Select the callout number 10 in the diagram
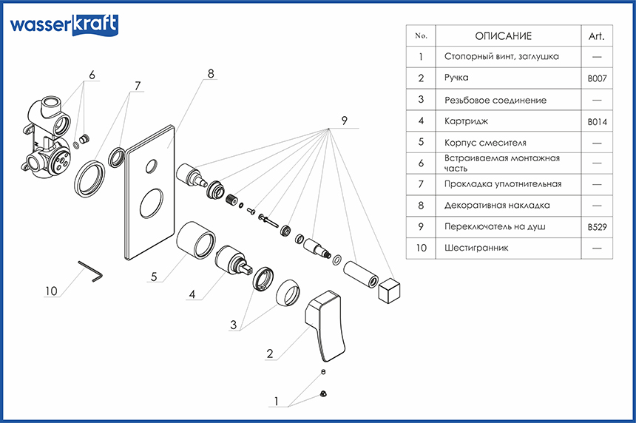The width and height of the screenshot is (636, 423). (50, 291)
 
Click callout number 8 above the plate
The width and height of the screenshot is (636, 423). (211, 74)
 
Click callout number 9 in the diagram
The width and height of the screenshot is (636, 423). (344, 121)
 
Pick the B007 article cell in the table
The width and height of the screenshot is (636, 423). (597, 78)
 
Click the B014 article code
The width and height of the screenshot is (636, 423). (597, 121)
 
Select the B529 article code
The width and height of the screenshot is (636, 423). (597, 227)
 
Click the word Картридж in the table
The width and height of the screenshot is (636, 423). (467, 121)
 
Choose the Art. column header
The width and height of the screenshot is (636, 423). (597, 36)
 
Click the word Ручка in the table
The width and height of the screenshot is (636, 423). (457, 78)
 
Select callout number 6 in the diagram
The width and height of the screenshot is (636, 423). (92, 75)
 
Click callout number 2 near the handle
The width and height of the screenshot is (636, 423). (271, 353)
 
